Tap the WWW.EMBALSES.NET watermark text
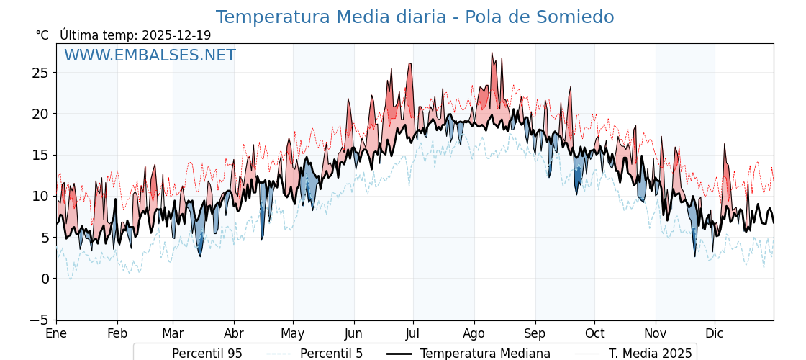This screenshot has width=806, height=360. (x=150, y=55)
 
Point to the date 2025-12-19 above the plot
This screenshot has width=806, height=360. (x=176, y=35)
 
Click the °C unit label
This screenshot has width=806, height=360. (x=42, y=35)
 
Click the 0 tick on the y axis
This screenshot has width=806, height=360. (x=45, y=279)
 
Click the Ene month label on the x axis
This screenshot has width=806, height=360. (x=56, y=334)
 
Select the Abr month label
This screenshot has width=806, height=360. (x=234, y=334)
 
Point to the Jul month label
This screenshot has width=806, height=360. (x=413, y=334)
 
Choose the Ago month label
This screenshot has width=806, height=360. (x=474, y=334)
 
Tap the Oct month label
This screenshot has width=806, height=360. (x=594, y=334)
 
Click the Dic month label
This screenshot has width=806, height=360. (x=715, y=334)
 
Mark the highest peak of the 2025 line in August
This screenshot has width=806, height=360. (x=492, y=53)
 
